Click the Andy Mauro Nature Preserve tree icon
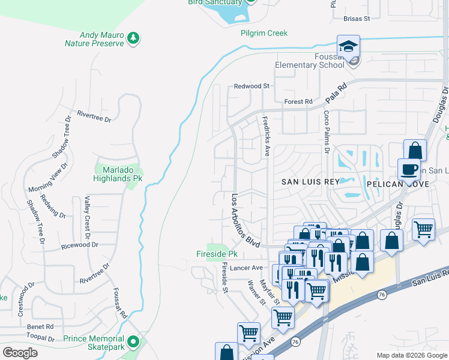(x=133, y=39)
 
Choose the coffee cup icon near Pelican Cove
(x=409, y=169)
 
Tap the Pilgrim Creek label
(x=264, y=34)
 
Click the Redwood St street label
(x=252, y=86)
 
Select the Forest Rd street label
(x=298, y=102)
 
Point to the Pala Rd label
(x=337, y=92)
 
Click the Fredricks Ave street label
(x=265, y=136)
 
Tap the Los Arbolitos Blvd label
(x=245, y=220)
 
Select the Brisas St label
(x=356, y=19)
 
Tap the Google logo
(x=20, y=353)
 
